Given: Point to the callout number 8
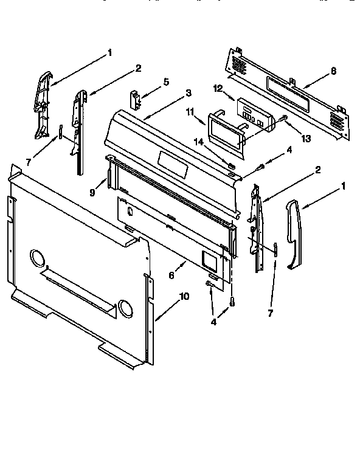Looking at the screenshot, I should click(x=333, y=71).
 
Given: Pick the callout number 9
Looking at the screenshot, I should click(x=93, y=193).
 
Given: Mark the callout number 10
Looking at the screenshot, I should click(x=184, y=296).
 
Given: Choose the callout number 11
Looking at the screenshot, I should click(x=190, y=112).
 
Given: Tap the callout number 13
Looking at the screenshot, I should click(x=306, y=139).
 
